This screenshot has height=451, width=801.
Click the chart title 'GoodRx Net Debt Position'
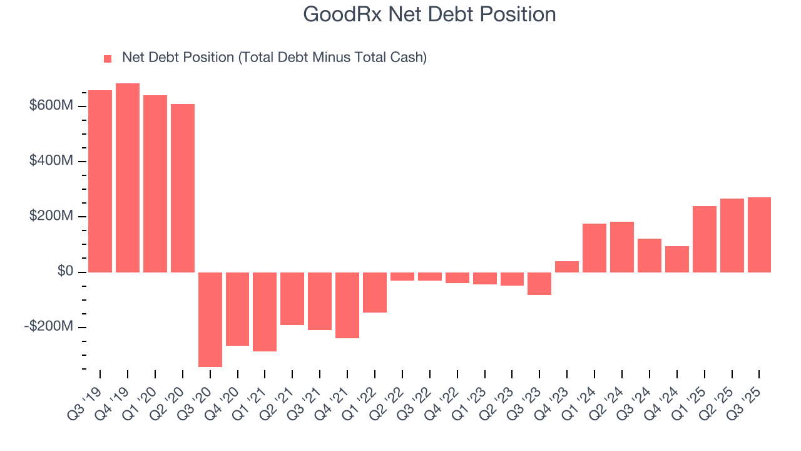[x=429, y=14]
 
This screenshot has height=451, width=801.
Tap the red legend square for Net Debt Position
[x=108, y=58]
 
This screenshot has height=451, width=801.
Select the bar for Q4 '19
[x=128, y=178]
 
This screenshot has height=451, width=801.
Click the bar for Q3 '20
[x=210, y=319]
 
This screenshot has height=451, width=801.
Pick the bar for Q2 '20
[x=183, y=188]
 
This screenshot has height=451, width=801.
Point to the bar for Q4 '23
[x=567, y=267]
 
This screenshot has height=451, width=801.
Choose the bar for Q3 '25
[x=759, y=235]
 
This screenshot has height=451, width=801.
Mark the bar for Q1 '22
[x=375, y=293]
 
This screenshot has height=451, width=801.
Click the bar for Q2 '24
[x=622, y=247]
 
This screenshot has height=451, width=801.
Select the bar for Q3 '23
[x=539, y=284]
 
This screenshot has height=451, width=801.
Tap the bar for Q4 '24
[x=676, y=259]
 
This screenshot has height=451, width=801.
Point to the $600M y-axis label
[x=51, y=106]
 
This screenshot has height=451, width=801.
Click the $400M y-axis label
[x=51, y=161]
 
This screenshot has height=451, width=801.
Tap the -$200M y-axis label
[x=49, y=327]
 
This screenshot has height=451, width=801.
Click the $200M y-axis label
[x=51, y=216]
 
